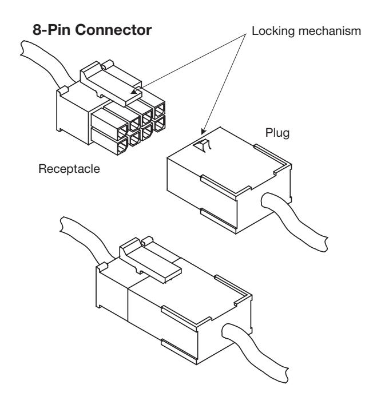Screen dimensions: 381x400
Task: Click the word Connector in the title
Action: tap(113, 30)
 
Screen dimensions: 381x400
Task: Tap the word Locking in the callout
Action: tap(273, 31)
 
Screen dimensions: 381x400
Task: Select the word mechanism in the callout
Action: tap(330, 31)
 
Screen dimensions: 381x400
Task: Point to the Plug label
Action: tap(277, 133)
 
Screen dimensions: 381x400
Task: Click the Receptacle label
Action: tap(69, 169)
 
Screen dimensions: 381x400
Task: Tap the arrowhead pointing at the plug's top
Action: tap(203, 131)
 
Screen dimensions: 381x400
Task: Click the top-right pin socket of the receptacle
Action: tap(160, 110)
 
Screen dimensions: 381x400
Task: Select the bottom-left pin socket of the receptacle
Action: tap(122, 146)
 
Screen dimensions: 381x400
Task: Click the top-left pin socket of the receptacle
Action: tap(122, 131)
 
